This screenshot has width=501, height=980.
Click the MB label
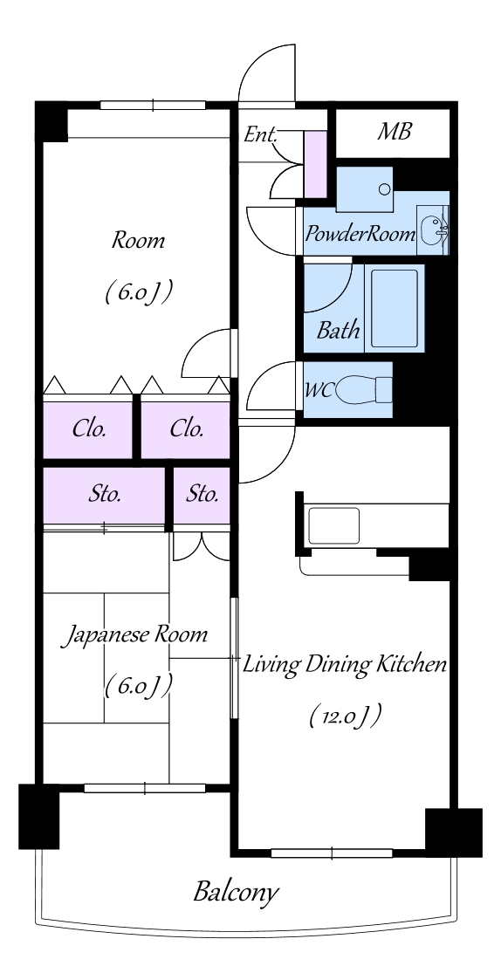[x=394, y=133]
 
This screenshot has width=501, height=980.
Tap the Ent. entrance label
[x=261, y=134]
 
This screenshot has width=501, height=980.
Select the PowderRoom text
[x=360, y=235]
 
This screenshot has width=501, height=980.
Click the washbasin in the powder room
[x=432, y=230]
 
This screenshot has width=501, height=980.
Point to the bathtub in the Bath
[x=394, y=308]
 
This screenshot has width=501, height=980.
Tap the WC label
[x=318, y=391]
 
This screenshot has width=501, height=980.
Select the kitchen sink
[x=333, y=525]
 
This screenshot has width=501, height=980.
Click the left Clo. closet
[x=87, y=429]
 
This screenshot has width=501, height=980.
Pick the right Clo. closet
[x=185, y=429]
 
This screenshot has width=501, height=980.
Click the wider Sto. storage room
[x=104, y=495]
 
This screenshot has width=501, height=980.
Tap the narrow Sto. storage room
[x=202, y=495]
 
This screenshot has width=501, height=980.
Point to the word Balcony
[x=235, y=893]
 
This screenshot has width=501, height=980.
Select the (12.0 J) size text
[x=346, y=716]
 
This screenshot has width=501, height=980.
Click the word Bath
[x=338, y=329]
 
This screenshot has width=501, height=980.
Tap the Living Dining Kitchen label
[x=345, y=664]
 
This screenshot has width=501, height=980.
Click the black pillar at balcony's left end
[x=38, y=816]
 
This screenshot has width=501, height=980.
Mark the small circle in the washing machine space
[x=385, y=188]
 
